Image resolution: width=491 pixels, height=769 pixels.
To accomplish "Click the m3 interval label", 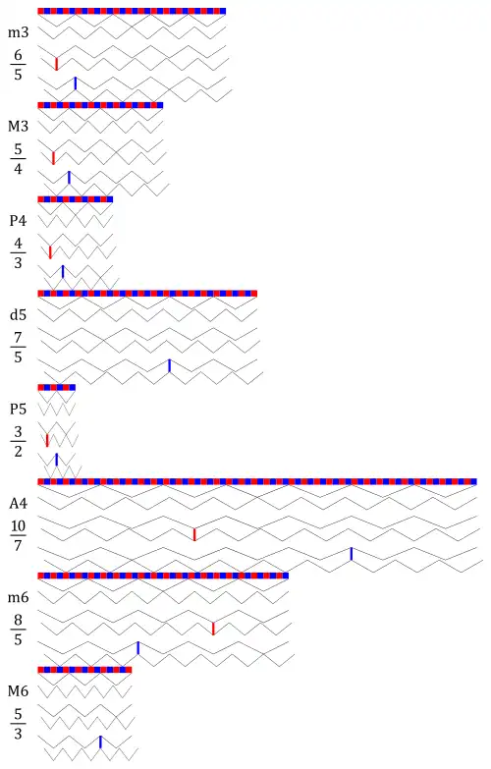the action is click(x=18, y=32).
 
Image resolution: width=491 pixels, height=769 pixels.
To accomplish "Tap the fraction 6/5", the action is click(x=18, y=64).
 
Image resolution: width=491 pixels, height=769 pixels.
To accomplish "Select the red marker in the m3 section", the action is click(x=56, y=64).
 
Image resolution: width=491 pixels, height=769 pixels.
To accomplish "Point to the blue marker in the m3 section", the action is click(x=75, y=83).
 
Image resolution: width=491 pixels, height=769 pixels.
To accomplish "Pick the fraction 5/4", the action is click(x=18, y=158).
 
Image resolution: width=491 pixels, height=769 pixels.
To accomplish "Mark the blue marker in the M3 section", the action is click(x=69, y=178).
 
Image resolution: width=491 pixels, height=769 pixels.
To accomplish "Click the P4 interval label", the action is click(x=18, y=221).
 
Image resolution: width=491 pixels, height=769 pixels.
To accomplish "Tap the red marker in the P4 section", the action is click(x=50, y=252).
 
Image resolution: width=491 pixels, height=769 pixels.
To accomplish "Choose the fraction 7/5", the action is click(x=18, y=347).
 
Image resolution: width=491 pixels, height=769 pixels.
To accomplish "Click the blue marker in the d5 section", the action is click(x=169, y=366).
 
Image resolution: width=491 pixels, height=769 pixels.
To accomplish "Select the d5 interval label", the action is click(x=18, y=315).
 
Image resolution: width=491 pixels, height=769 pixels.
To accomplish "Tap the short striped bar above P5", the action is click(x=56, y=387).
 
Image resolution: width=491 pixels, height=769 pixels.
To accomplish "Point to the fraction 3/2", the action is click(x=18, y=441).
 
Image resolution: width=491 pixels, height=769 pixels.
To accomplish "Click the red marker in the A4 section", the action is click(x=194, y=534).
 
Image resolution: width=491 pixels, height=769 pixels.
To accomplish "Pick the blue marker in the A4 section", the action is click(x=352, y=554).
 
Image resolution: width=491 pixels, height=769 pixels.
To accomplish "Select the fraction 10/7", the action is click(x=18, y=535).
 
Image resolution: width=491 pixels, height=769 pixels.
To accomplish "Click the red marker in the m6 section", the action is click(x=213, y=629).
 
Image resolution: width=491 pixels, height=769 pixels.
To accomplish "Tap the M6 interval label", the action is click(x=18, y=691).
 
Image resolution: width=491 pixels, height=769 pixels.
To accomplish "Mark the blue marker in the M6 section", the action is click(x=100, y=742).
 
